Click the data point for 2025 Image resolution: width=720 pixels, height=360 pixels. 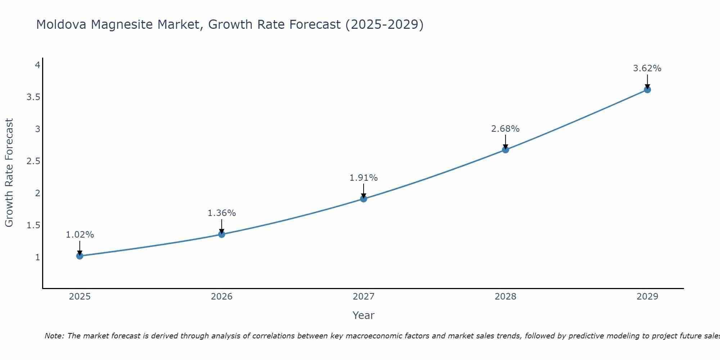(x=80, y=256)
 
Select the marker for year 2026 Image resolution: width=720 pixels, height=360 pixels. (x=222, y=234)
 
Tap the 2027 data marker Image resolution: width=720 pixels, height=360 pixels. (x=364, y=199)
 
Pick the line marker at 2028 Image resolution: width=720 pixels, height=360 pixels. (x=505, y=150)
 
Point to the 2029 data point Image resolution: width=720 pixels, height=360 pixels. (x=647, y=90)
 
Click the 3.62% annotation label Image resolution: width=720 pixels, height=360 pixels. (x=647, y=68)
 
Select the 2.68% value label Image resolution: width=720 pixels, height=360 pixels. (x=505, y=129)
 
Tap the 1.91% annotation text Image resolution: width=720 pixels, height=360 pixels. (x=364, y=178)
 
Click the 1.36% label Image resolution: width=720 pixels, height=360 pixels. (x=222, y=213)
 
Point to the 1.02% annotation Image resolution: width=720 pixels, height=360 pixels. (x=80, y=235)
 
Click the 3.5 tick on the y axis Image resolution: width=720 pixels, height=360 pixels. (x=33, y=97)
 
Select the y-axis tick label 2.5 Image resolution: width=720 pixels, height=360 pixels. (x=33, y=161)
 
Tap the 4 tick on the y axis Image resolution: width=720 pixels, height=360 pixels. (x=37, y=65)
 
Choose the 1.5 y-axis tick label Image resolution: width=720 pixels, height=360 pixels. (x=33, y=225)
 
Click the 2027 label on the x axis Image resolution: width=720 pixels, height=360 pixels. (x=364, y=297)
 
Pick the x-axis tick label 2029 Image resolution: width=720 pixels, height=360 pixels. (x=647, y=297)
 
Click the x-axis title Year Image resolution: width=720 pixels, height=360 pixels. (x=364, y=315)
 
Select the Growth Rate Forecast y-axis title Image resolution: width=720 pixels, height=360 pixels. (x=9, y=173)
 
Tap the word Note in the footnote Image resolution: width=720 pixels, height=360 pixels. (x=54, y=336)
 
